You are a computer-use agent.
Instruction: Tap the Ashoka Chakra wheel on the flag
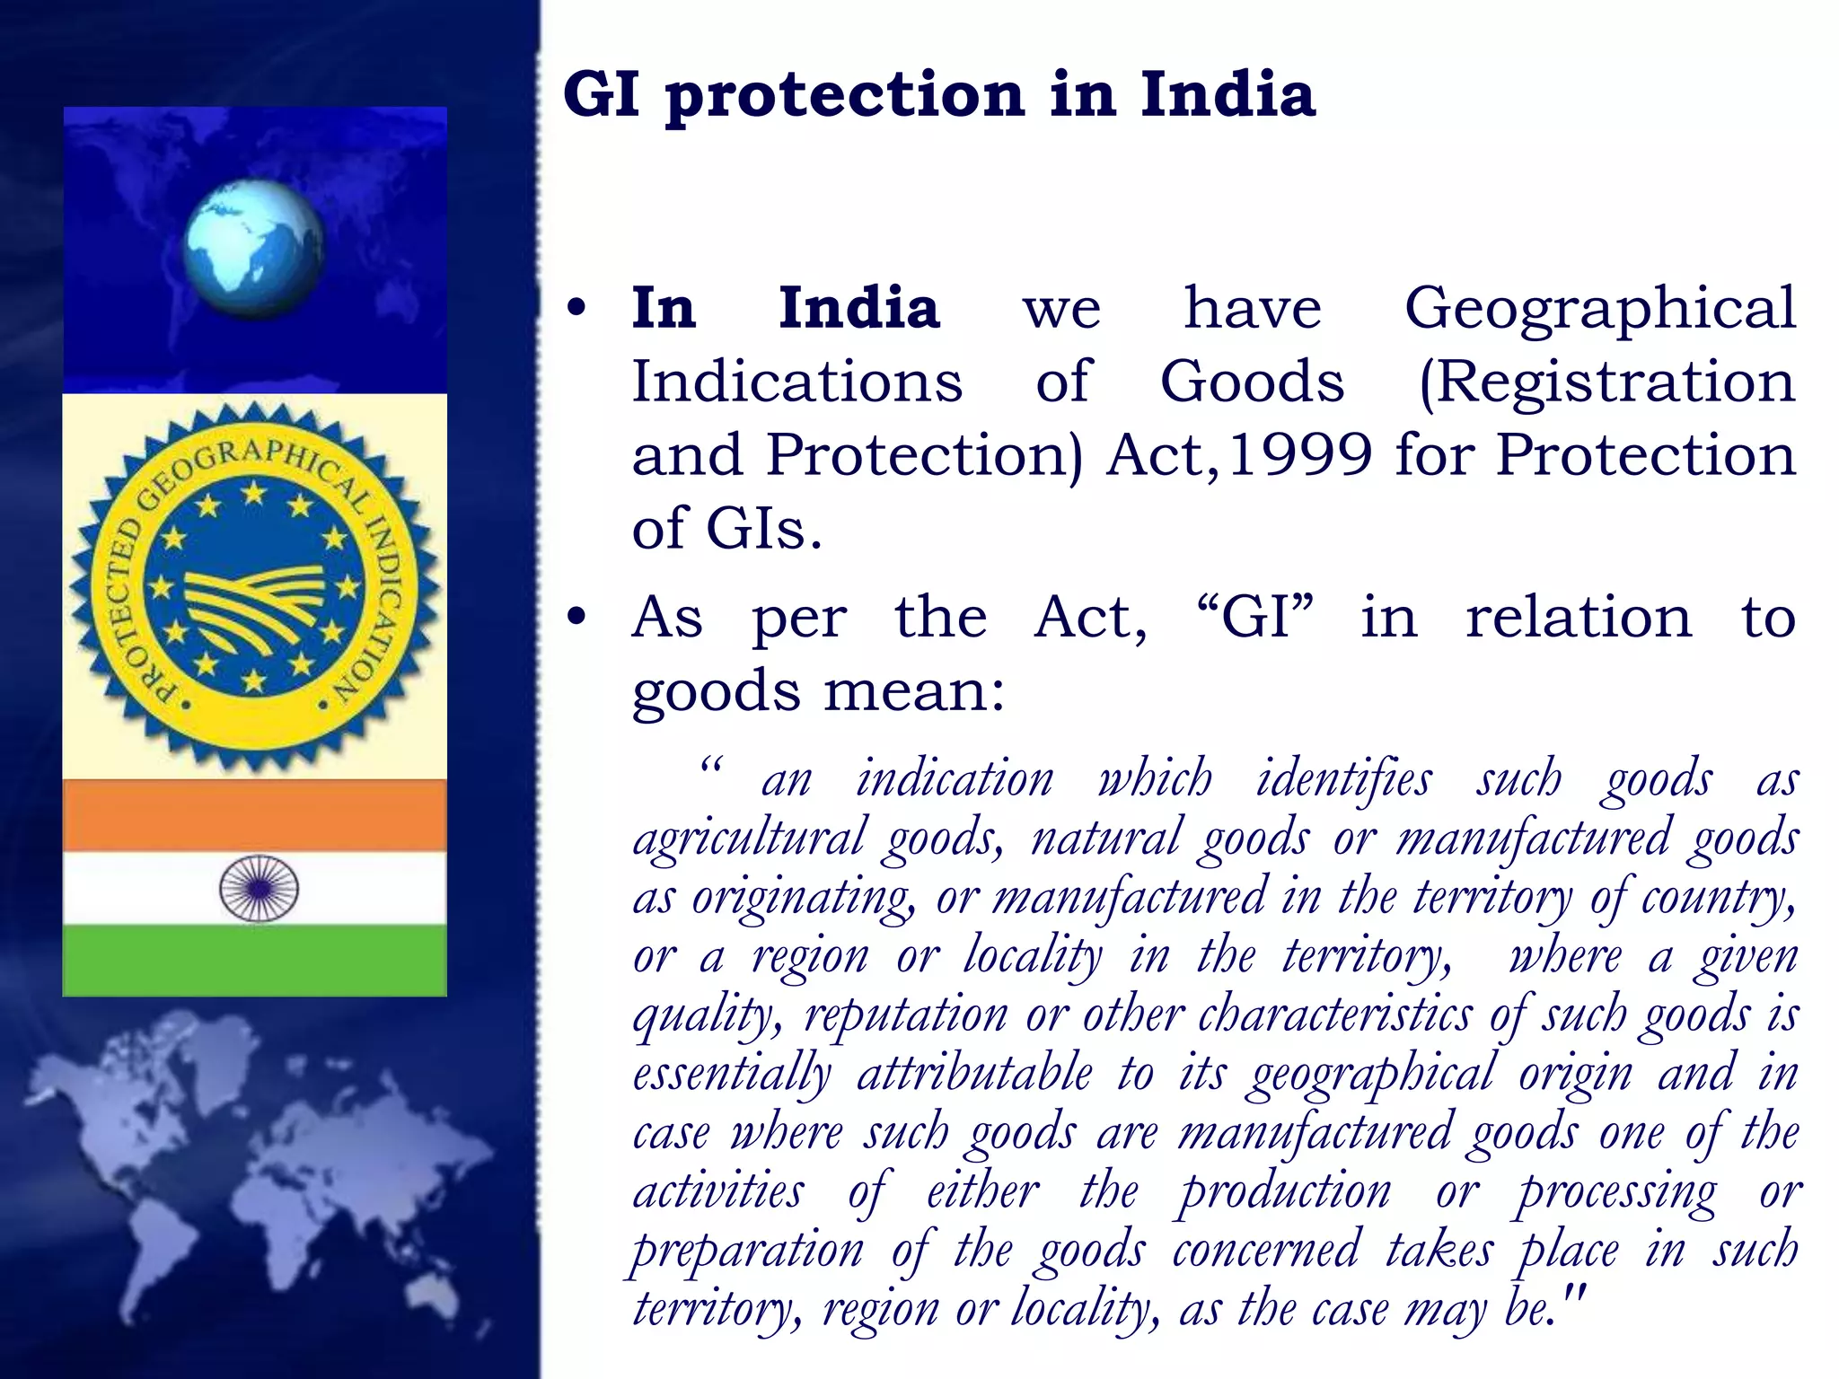(x=259, y=888)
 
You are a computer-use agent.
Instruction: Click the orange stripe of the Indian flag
(x=254, y=815)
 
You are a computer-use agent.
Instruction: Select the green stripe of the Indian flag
(x=254, y=960)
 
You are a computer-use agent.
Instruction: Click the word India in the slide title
(x=1227, y=94)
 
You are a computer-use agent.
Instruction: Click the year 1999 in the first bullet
(x=1299, y=454)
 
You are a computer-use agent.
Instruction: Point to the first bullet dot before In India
(x=576, y=308)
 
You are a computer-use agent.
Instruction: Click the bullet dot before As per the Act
(x=576, y=617)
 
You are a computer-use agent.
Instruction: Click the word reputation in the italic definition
(x=905, y=1016)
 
